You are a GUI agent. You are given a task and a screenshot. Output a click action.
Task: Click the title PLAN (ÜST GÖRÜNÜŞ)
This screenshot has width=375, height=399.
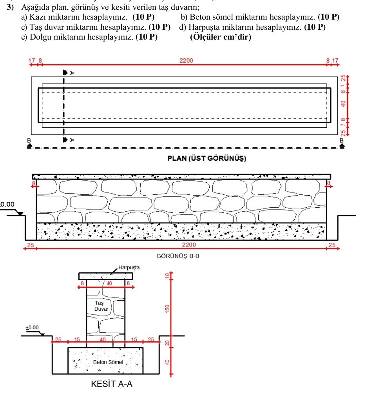coord(207,158)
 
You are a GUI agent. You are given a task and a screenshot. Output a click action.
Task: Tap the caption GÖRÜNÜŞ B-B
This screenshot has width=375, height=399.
coord(178,256)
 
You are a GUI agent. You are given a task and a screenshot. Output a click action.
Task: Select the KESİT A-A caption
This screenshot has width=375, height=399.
coord(112,384)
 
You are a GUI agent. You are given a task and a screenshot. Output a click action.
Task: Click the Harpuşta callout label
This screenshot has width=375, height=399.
coord(129,267)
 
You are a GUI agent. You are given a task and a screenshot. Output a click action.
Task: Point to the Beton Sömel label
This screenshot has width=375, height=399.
coord(108,362)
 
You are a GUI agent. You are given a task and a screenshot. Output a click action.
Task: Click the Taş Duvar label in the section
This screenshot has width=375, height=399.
coord(101,306)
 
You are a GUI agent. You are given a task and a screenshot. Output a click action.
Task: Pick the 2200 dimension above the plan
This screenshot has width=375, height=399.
coord(186,61)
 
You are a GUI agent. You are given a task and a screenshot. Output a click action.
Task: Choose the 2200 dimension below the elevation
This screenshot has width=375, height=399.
coord(189,245)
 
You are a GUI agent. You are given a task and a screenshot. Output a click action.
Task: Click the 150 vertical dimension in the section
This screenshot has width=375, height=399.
coord(167,308)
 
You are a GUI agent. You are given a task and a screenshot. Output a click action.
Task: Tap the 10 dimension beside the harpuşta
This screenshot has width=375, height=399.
coord(167,276)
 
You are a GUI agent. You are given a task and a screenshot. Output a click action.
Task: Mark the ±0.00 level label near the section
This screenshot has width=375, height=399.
coord(32,328)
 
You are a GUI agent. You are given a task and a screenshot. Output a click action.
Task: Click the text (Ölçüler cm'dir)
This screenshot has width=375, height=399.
coord(221,37)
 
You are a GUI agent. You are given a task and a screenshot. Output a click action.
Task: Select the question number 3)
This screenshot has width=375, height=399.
coord(10,7)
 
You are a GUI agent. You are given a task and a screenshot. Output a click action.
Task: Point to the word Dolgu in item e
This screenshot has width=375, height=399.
coord(40,37)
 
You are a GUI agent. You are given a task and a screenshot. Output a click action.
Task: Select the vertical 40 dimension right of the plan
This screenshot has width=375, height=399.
coord(343,104)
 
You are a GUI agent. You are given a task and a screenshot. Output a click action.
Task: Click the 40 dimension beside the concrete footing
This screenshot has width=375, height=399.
coord(167,362)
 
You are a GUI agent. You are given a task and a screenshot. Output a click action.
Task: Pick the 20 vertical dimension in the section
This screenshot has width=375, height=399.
coord(167,343)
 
